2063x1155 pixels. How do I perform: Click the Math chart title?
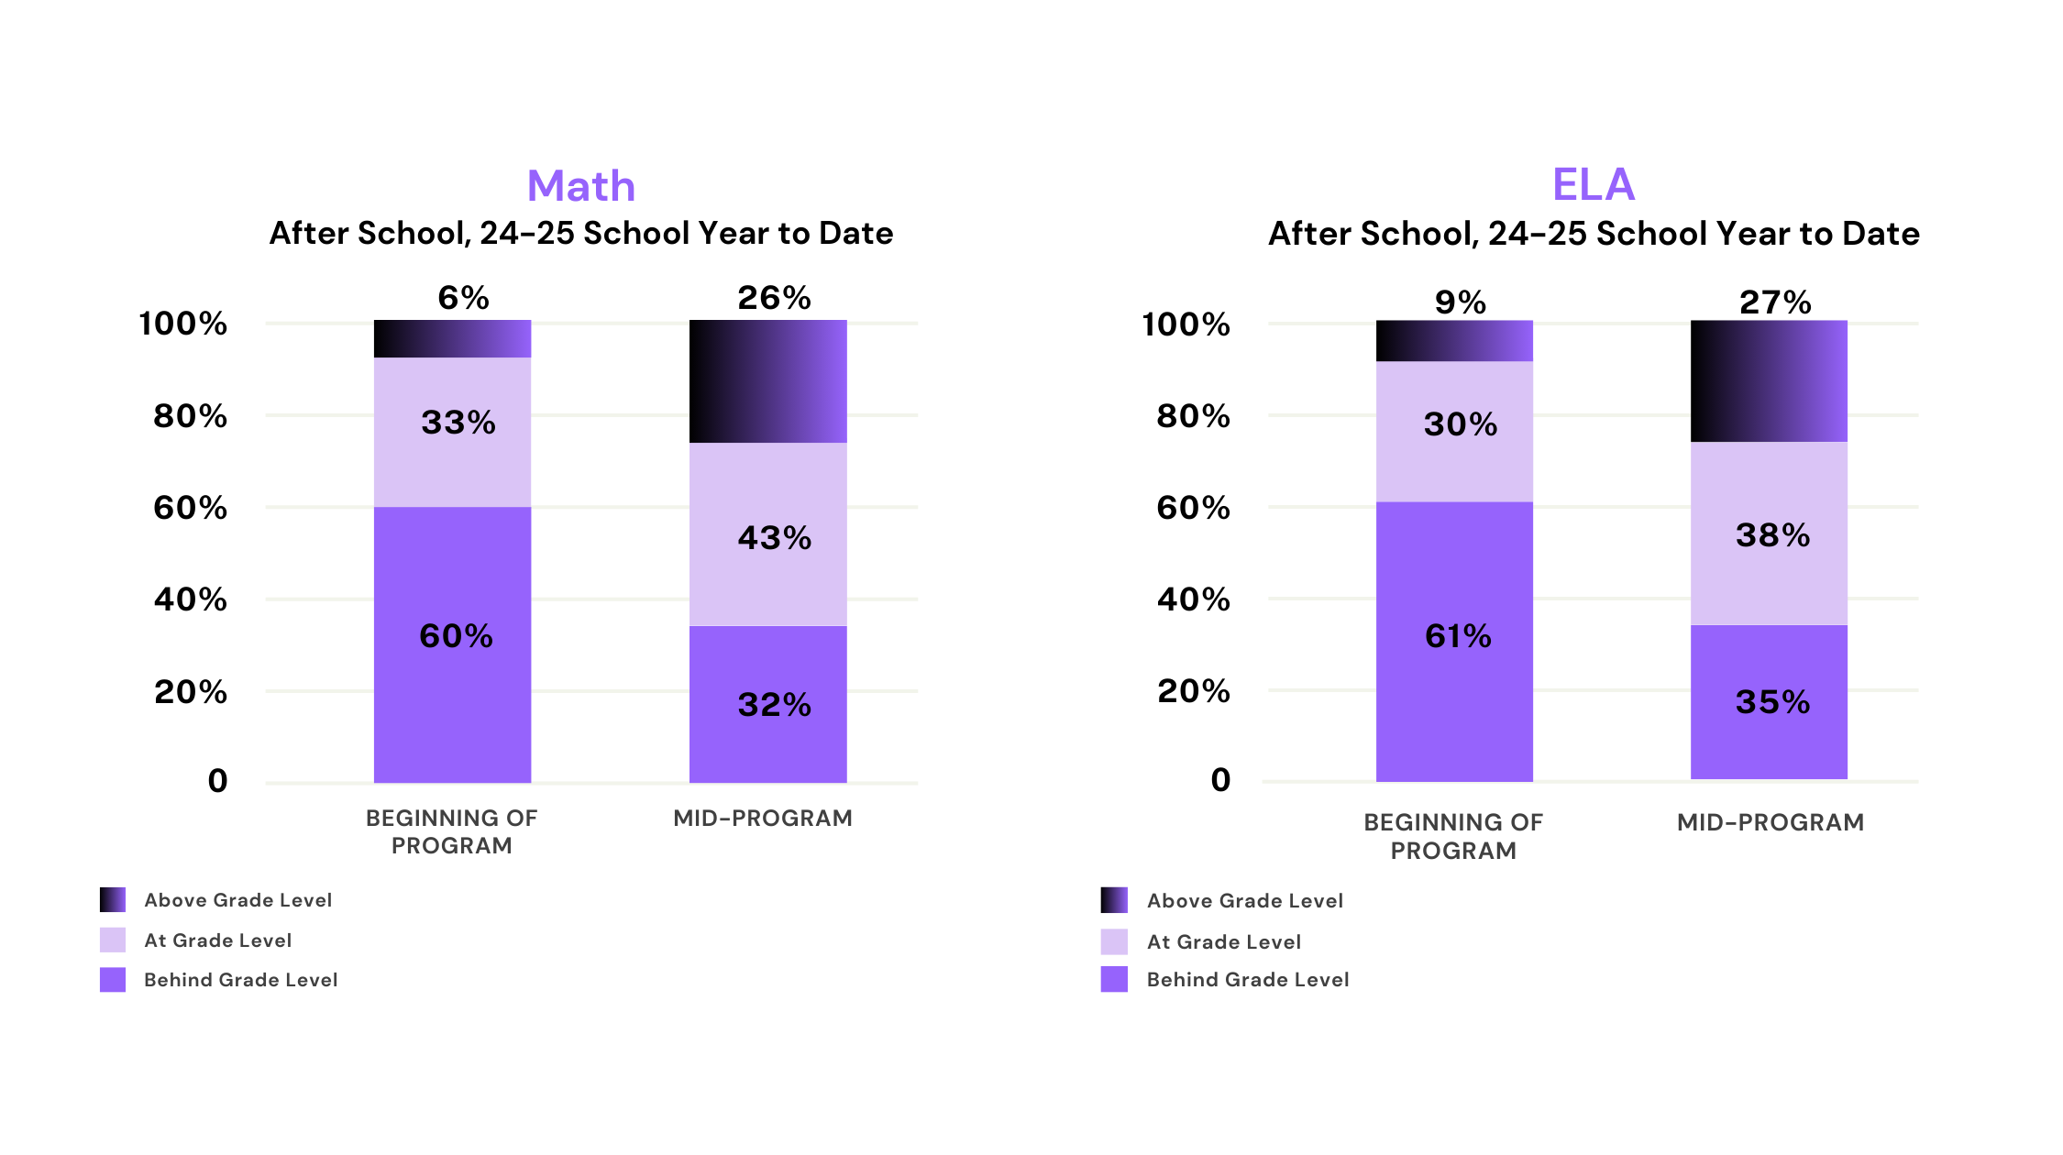tap(581, 186)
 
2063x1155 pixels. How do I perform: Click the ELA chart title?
tap(1594, 184)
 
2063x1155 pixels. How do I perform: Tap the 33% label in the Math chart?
tap(458, 423)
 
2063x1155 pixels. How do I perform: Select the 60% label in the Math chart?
tap(456, 636)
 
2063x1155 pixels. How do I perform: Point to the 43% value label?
tap(775, 538)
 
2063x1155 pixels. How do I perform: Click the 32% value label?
tap(775, 705)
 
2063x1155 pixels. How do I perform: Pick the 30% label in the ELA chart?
tap(1461, 424)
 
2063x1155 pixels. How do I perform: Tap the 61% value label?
tap(1458, 636)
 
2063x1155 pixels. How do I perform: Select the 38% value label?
tap(1772, 535)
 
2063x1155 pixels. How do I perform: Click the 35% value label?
tap(1772, 702)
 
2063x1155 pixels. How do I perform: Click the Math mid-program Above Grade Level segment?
tap(768, 381)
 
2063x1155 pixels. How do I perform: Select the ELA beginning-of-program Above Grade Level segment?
tap(1455, 341)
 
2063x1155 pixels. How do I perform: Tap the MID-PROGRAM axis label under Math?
tap(763, 819)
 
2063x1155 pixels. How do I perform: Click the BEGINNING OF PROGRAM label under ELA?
tap(1453, 836)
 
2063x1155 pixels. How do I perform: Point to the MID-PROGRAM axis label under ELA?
tap(1770, 822)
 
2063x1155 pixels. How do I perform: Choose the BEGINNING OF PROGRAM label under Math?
tap(452, 831)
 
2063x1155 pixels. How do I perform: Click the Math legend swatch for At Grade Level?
tap(113, 940)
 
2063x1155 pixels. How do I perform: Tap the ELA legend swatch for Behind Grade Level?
tap(1114, 979)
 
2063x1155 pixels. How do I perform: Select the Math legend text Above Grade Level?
tap(237, 900)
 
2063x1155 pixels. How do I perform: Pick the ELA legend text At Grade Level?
tap(1223, 941)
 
